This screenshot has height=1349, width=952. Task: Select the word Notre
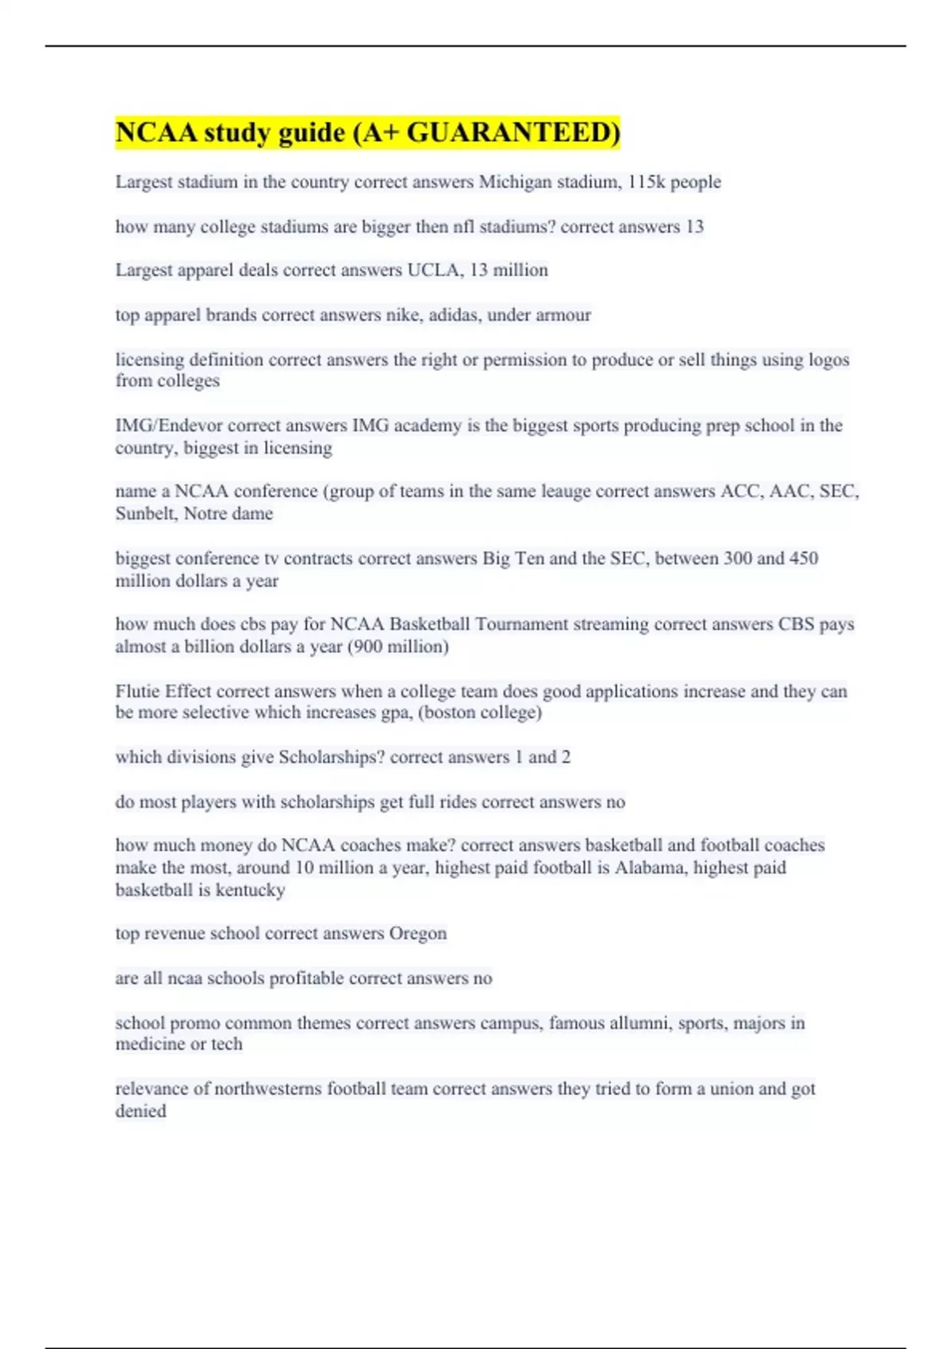(205, 514)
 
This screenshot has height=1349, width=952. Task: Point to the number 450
(803, 559)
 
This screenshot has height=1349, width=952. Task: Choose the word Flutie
(137, 691)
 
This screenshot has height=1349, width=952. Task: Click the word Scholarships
(331, 758)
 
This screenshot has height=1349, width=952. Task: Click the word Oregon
(417, 934)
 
